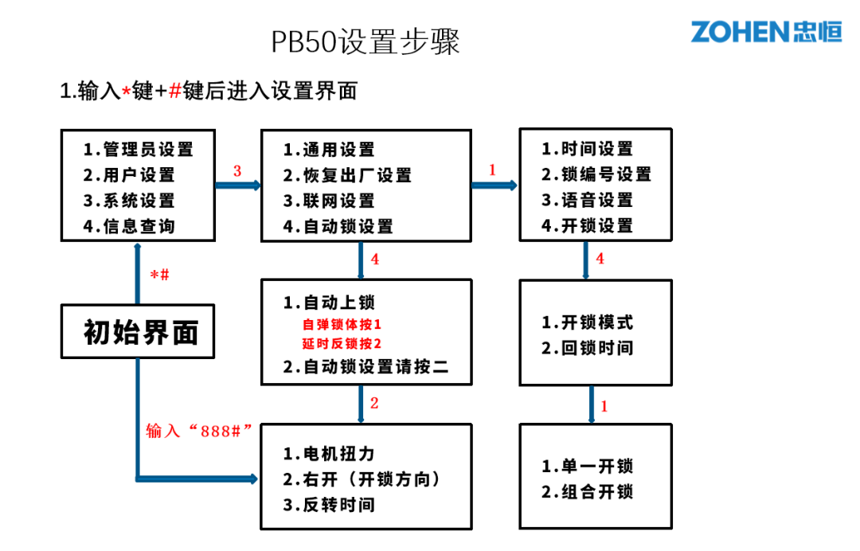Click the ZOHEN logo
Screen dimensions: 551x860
click(765, 32)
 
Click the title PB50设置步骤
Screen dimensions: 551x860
click(365, 41)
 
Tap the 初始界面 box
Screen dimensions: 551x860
click(139, 331)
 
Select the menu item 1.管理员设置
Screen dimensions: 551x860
click(139, 149)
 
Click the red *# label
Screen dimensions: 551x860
click(159, 275)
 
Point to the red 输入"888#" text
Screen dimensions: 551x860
click(199, 430)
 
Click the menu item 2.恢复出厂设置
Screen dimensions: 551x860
click(347, 175)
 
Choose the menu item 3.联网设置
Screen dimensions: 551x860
click(328, 201)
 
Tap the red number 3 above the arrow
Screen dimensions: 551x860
click(236, 171)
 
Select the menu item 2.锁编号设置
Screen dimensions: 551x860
click(596, 174)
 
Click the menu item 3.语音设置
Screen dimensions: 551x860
click(587, 200)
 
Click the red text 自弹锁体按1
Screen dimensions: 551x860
click(342, 325)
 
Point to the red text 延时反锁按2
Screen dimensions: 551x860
click(342, 344)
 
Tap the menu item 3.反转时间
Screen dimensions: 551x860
click(328, 505)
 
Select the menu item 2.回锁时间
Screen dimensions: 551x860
click(587, 348)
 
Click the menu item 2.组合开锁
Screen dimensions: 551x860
click(587, 492)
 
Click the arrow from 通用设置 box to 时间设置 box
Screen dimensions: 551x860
click(494, 186)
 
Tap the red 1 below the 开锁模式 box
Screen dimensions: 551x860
click(604, 406)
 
